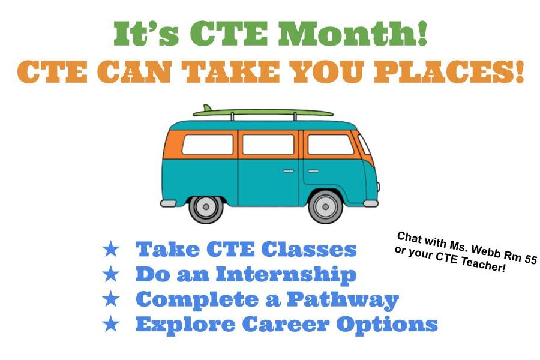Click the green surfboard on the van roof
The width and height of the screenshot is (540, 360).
point(263,112)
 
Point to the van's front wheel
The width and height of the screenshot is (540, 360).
point(325,206)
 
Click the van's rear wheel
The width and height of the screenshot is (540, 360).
point(206,206)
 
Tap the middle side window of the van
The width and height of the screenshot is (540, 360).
point(268,145)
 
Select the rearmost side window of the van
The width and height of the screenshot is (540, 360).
point(208,145)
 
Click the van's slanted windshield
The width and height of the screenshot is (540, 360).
point(364,144)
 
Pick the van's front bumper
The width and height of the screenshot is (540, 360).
point(371,203)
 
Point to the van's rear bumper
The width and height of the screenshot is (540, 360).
point(168,203)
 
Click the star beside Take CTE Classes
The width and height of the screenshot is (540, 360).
point(111,249)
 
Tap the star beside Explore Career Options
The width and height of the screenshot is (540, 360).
point(111,324)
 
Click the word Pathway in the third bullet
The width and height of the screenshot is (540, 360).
point(343,300)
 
